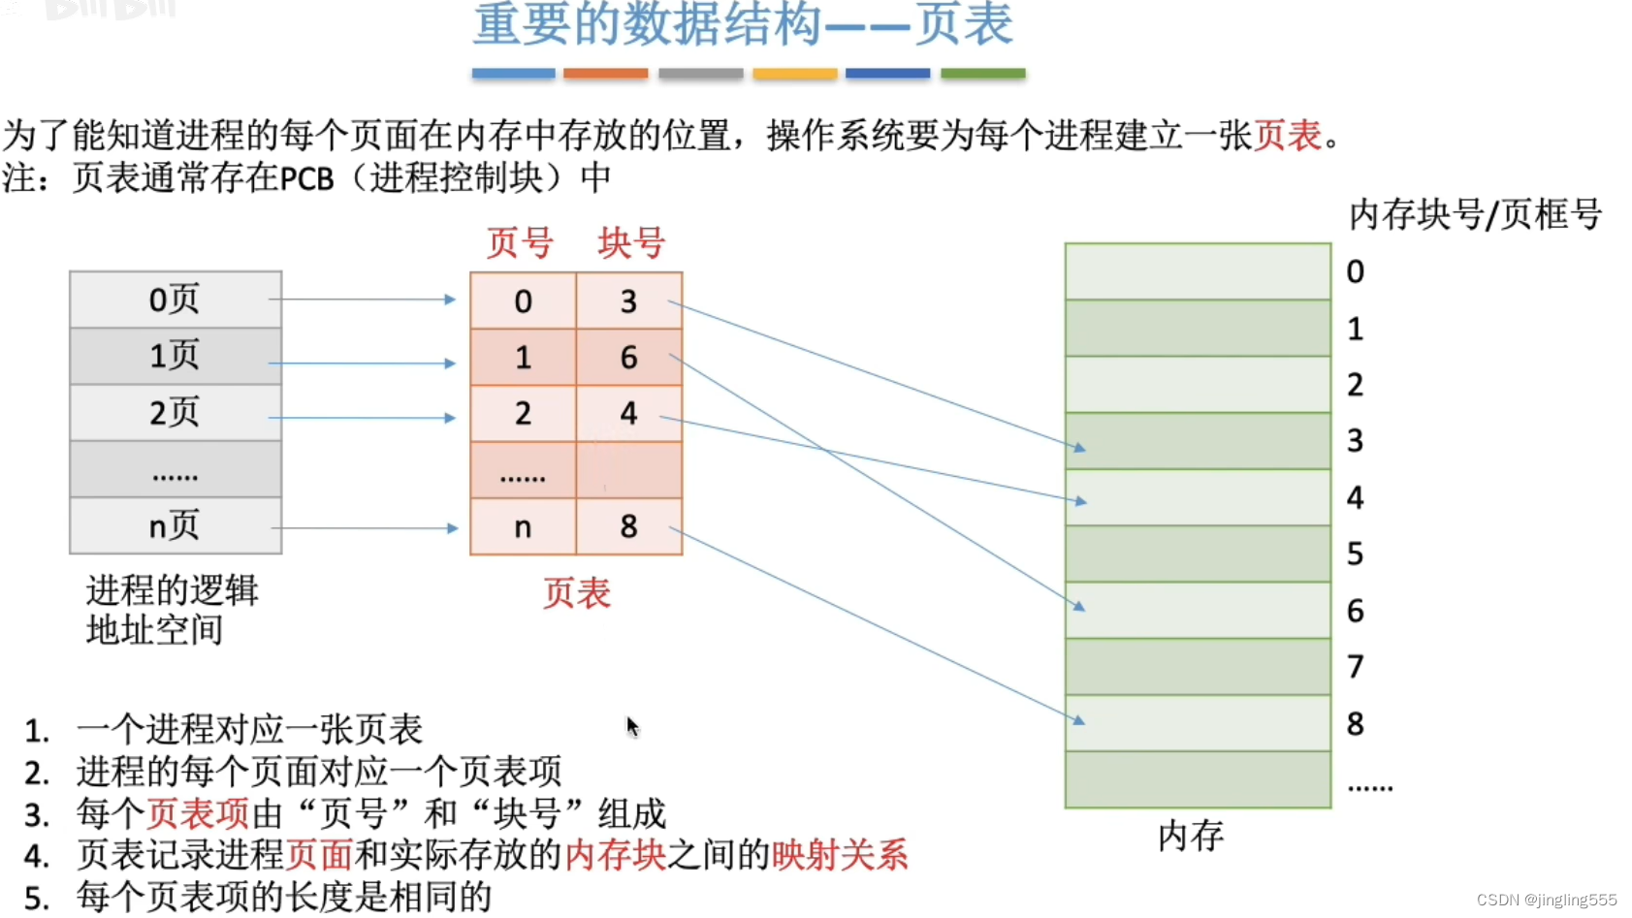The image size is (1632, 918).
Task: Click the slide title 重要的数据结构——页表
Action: coord(743,25)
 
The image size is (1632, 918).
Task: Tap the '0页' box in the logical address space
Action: coord(176,300)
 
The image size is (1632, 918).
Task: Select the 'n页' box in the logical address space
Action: coord(176,526)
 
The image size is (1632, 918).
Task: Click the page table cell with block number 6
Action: coord(629,358)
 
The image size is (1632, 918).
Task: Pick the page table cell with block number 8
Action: coord(629,526)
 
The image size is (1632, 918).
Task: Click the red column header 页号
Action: coord(520,242)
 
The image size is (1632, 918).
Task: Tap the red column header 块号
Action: coord(631,242)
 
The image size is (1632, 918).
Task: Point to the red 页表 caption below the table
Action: coord(577,593)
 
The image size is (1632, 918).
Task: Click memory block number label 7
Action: coord(1356,667)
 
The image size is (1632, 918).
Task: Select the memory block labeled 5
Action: coord(1198,554)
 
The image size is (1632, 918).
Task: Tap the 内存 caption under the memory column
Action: coord(1191,836)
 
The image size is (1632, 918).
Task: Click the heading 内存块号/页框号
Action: coord(1475,214)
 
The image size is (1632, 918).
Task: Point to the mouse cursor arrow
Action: coord(632,726)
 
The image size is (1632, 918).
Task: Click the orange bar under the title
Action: coord(605,74)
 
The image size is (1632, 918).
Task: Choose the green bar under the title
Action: coord(982,74)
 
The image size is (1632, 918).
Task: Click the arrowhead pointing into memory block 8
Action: coord(1078,720)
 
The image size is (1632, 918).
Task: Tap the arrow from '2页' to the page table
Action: coord(362,418)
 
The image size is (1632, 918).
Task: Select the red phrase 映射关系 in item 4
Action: coord(840,855)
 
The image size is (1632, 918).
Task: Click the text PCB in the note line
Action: coord(307,178)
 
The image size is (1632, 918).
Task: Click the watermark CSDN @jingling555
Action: coord(1547,900)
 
